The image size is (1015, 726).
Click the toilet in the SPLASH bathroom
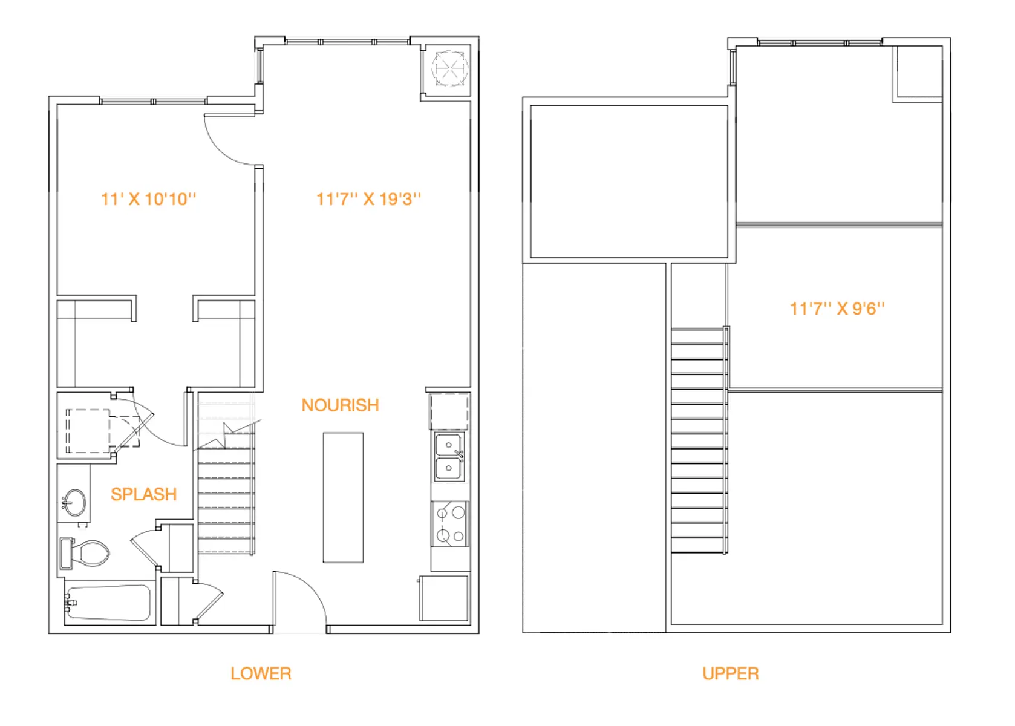[86, 554]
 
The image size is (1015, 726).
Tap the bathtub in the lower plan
[108, 603]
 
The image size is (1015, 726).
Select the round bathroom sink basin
[74, 503]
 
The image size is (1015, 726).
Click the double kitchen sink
[449, 456]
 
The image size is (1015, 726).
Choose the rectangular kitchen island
[343, 497]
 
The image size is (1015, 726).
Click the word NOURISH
[341, 405]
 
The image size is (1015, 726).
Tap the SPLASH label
[143, 494]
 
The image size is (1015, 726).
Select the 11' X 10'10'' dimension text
[148, 199]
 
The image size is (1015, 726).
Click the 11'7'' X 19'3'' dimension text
[368, 199]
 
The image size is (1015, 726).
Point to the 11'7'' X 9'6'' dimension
[837, 309]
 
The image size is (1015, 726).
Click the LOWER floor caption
[261, 673]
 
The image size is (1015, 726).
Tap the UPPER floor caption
[731, 673]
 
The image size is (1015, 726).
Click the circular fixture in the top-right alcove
[449, 68]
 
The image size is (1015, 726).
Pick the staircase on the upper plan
[700, 440]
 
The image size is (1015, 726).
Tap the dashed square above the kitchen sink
[449, 411]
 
